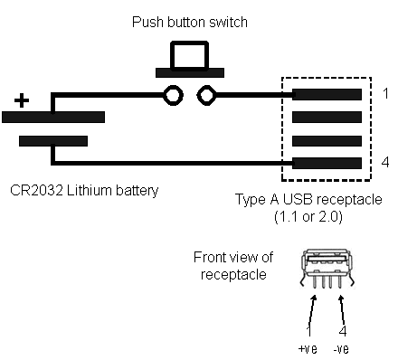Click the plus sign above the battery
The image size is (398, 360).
(22, 100)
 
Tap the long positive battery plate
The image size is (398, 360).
(53, 117)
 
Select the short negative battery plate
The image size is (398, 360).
(53, 141)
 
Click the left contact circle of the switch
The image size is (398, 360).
(173, 95)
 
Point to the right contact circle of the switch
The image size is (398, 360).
(207, 95)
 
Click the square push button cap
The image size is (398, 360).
(190, 56)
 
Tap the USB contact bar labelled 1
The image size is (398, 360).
(327, 94)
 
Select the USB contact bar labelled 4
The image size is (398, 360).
(327, 163)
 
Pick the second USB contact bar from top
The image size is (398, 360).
(327, 117)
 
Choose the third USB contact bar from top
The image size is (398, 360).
(327, 141)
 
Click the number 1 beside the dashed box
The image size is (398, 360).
(385, 93)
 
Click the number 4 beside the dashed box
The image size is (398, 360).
(385, 162)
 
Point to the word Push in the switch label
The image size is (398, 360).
(147, 22)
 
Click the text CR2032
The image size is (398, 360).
(36, 190)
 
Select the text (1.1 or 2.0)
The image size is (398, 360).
(308, 216)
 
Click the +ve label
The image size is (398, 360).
(308, 349)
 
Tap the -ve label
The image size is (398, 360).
(341, 349)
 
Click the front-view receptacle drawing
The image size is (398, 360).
(327, 269)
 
